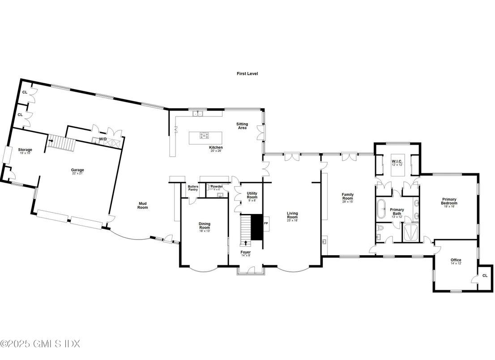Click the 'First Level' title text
tap(247, 73)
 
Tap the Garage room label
tap(77, 170)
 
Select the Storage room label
tap(25, 150)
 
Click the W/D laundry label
tap(103, 139)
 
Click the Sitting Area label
tap(242, 125)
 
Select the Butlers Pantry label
tap(193, 188)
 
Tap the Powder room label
tap(217, 186)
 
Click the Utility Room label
tap(252, 195)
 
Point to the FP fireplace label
tap(266, 223)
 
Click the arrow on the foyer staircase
tap(245, 243)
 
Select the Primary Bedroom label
tap(449, 201)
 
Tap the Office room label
tap(456, 260)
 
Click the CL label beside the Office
tap(484, 275)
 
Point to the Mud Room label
tap(142, 206)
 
